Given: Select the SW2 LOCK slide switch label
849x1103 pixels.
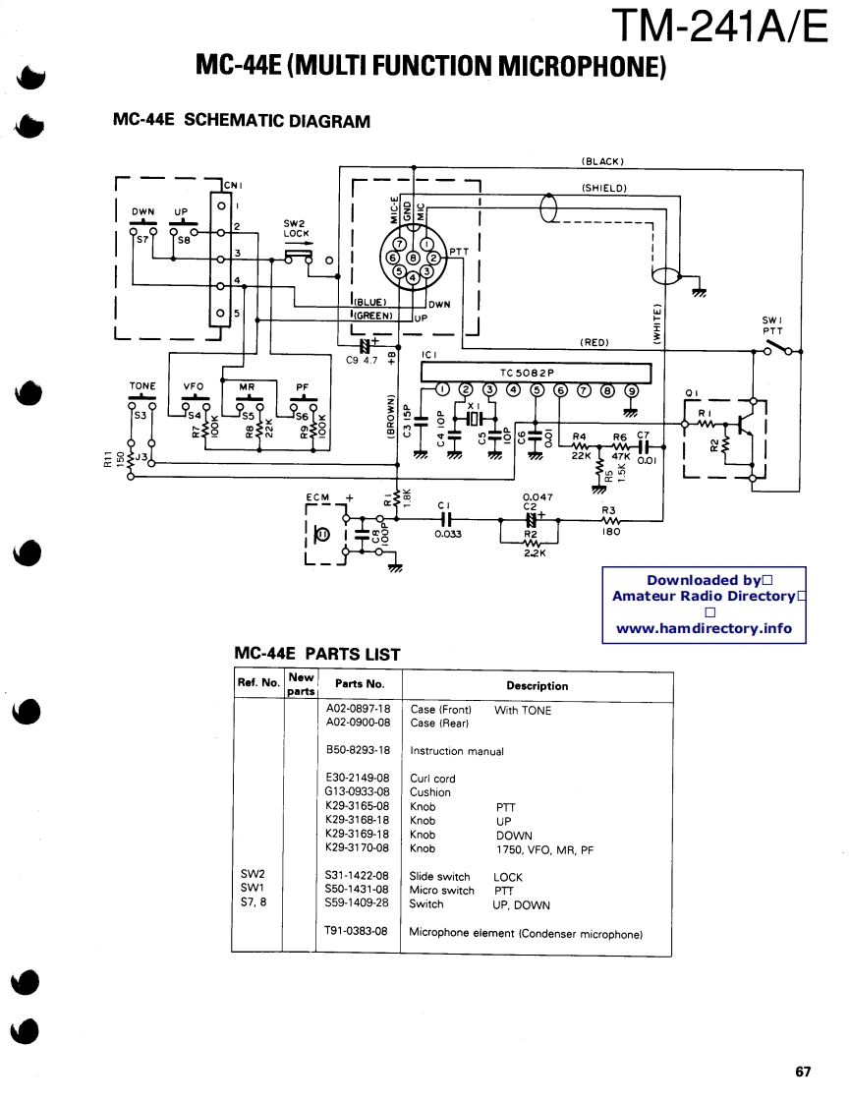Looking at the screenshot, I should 297,228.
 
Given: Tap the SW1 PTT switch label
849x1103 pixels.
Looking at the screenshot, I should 772,325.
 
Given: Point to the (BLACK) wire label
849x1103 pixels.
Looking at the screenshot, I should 602,161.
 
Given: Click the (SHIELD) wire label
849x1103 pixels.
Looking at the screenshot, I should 603,187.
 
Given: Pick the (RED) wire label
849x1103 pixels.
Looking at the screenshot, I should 594,342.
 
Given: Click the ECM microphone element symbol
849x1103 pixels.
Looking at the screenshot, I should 321,534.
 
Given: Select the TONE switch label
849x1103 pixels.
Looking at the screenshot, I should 142,386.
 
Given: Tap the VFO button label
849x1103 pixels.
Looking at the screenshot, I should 194,386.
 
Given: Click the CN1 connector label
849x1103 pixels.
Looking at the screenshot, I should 233,184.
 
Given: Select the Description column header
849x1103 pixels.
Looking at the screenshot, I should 537,686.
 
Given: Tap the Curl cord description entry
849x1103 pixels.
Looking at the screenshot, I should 432,779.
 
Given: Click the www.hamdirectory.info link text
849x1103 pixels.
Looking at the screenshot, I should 704,628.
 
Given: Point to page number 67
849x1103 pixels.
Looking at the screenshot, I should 803,1072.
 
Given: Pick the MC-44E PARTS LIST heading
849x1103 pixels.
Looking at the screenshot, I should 317,654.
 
